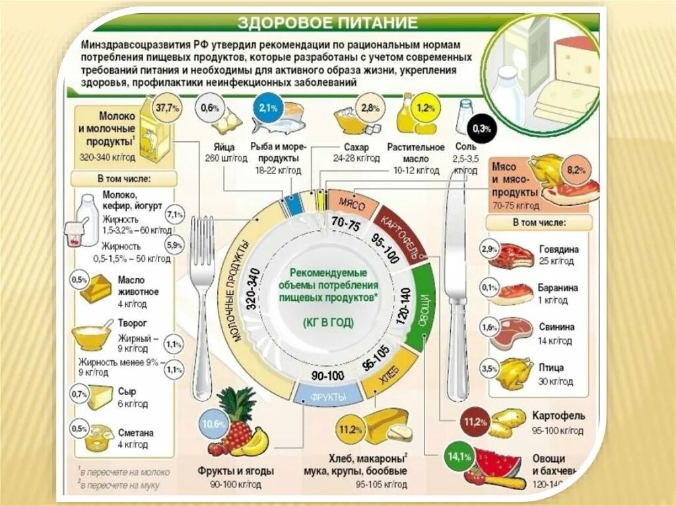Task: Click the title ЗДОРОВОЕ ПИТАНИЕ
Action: tap(327, 22)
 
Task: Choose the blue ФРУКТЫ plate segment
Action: tap(328, 396)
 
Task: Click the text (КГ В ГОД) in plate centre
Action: tap(328, 323)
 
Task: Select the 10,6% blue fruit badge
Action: tap(215, 423)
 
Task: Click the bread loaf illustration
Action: tap(387, 425)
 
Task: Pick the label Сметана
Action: tap(137, 433)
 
